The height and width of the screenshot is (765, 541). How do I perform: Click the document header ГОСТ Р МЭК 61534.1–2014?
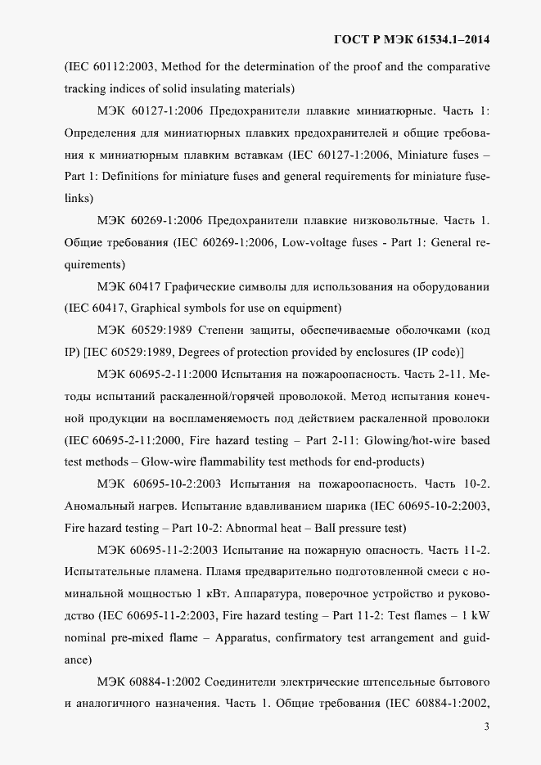coord(413,39)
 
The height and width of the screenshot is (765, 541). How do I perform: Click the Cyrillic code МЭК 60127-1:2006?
coord(150,110)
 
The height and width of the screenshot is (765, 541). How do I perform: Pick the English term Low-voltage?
coord(320,242)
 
